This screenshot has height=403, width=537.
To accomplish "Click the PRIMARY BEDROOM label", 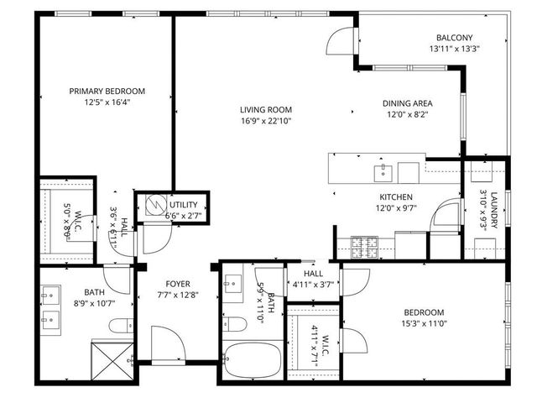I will point(107,91).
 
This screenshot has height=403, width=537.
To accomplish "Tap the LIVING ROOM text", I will point(265,109).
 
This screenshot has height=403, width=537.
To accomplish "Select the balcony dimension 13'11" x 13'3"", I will point(453,49).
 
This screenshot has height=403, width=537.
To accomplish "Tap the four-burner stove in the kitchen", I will point(365,247).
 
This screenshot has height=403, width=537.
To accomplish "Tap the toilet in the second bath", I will point(235,324).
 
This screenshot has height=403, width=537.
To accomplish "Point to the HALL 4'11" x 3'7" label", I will point(313,278).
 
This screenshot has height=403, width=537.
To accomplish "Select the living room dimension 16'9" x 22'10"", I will point(265,120).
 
